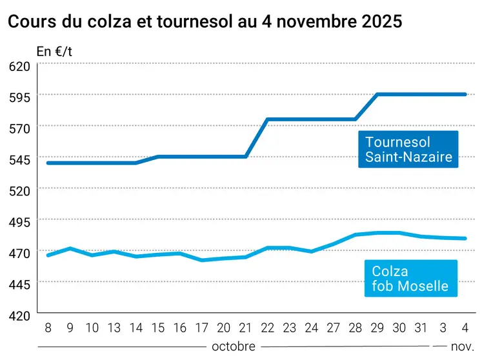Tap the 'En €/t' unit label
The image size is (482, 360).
(x=54, y=52)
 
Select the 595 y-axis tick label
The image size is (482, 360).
(x=19, y=97)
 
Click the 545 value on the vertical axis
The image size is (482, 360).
(x=19, y=159)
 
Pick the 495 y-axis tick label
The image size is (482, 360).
(x=19, y=222)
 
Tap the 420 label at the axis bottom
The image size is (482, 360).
(x=19, y=315)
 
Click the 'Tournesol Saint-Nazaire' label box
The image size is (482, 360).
(x=408, y=149)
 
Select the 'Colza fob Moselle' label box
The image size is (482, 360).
(x=410, y=278)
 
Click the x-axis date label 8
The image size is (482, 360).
(x=48, y=328)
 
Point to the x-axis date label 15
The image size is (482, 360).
(x=158, y=328)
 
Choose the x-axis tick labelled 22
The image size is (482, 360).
(x=268, y=328)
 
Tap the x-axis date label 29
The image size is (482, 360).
(x=377, y=328)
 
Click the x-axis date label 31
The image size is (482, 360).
(x=421, y=328)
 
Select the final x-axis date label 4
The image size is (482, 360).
(x=465, y=328)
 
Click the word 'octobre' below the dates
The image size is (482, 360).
(x=233, y=346)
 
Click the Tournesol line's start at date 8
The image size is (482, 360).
(x=48, y=163)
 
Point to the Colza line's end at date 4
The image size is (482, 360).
(x=465, y=238)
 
